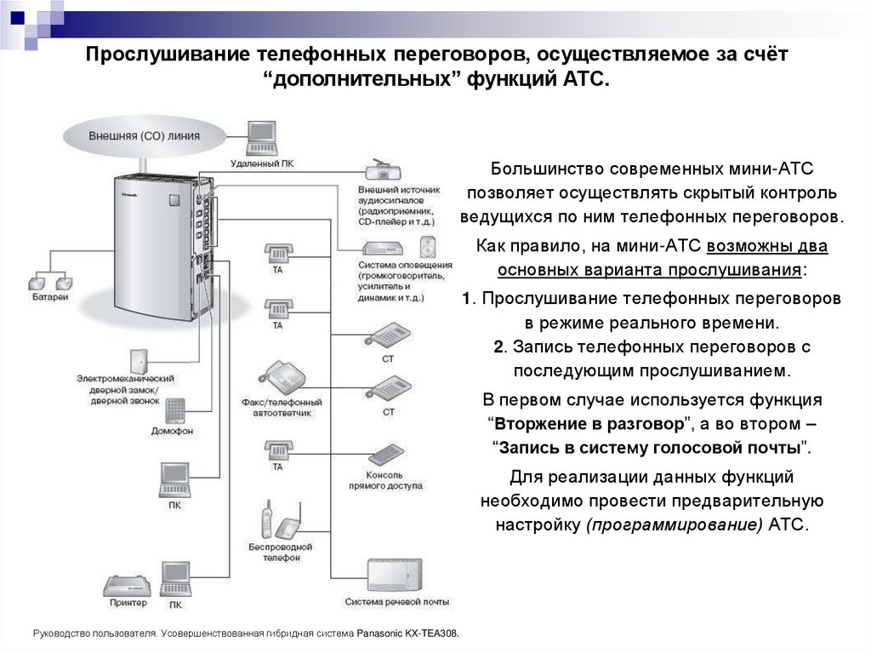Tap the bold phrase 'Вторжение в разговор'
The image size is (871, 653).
(x=589, y=423)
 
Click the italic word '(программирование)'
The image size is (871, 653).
(x=673, y=524)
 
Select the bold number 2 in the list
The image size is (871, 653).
(x=498, y=347)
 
